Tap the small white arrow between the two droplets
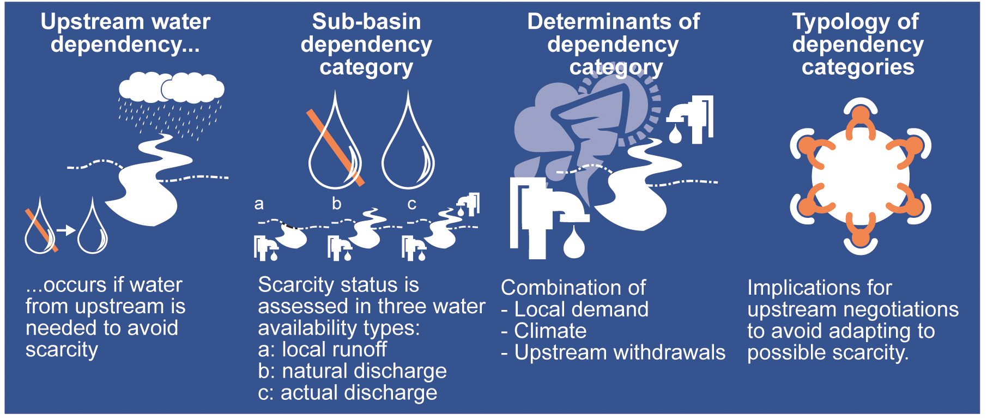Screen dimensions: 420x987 66,230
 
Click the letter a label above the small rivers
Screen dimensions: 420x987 259,204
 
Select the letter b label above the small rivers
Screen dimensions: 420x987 336,204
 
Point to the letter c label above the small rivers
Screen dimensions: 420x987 411,204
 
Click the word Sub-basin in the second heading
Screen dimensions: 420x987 366,22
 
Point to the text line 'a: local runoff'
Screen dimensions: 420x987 322,349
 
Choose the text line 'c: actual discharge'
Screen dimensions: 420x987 347,393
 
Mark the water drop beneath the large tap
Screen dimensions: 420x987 573,243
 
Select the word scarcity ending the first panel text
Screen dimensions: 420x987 62,350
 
